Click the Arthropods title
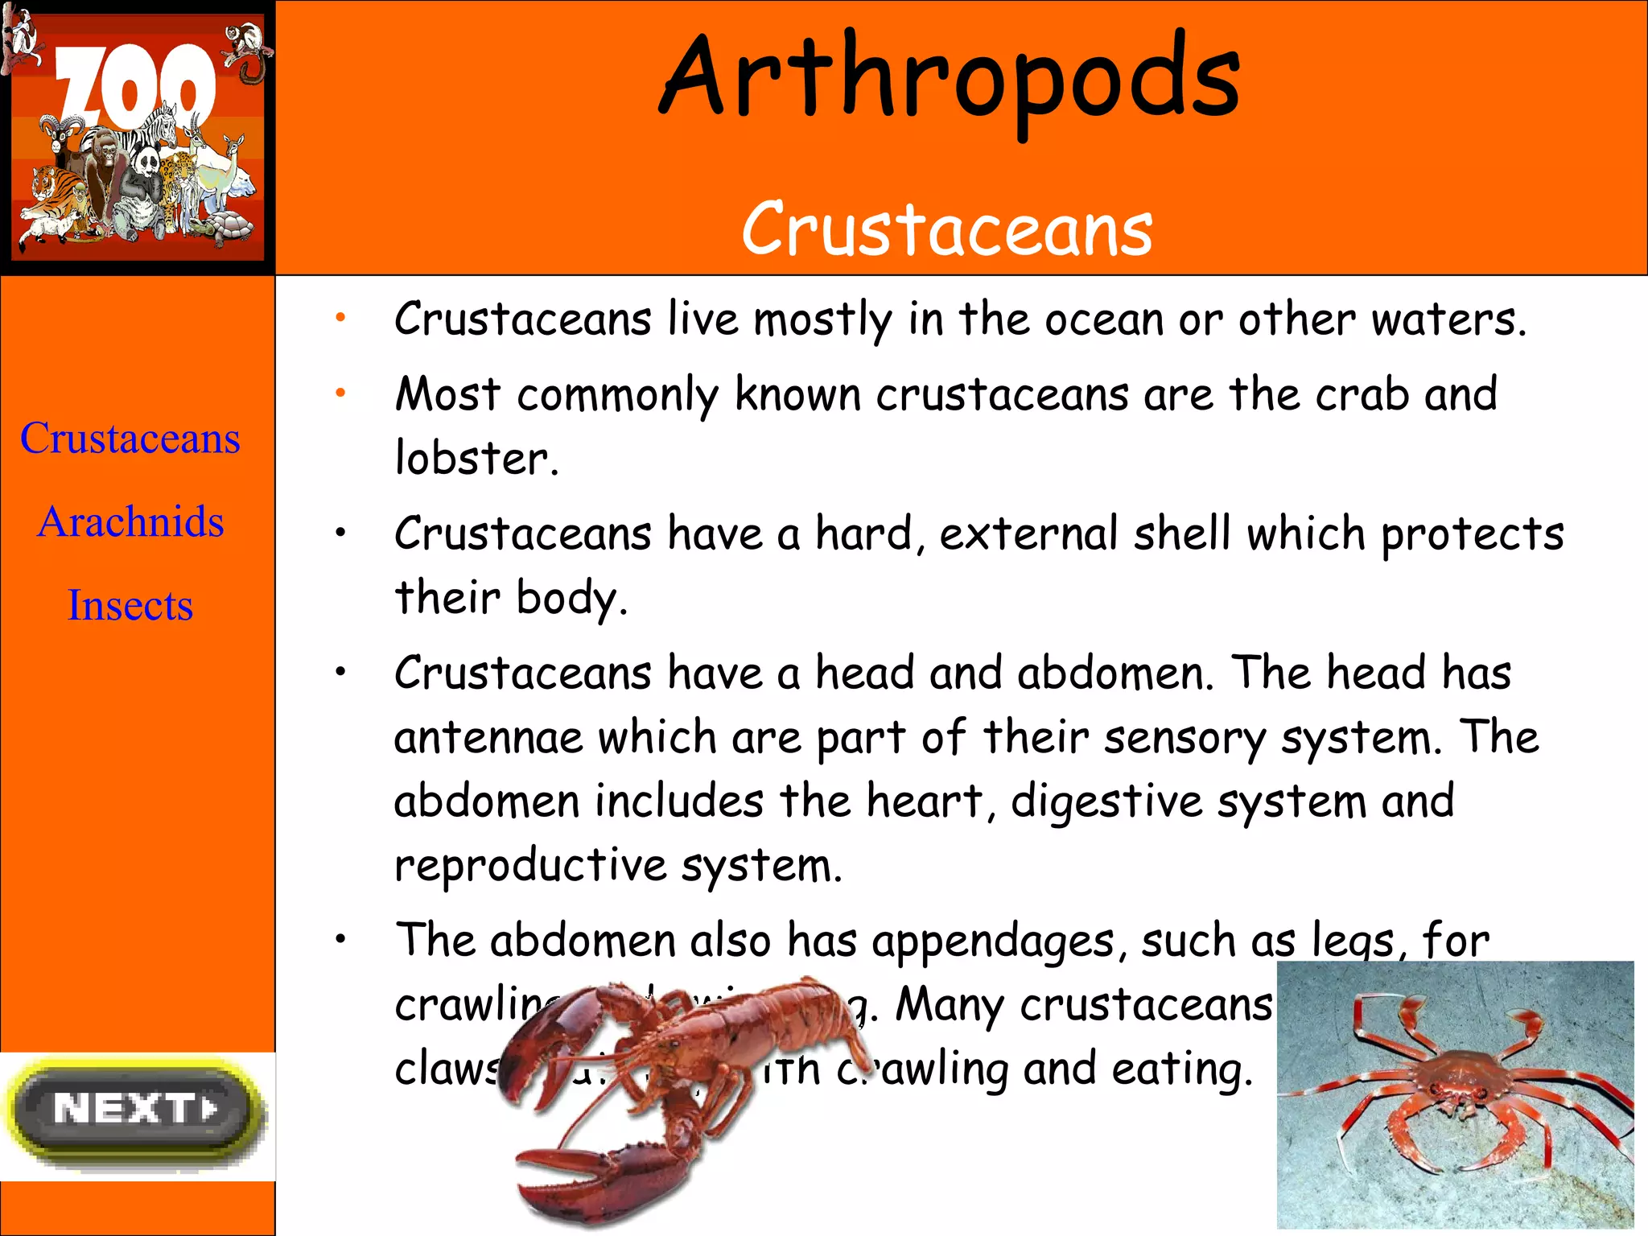(950, 80)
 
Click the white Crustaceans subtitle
(947, 229)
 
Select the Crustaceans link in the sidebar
(130, 439)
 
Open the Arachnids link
(130, 521)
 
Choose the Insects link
(130, 605)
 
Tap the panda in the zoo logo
(149, 165)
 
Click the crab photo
(1455, 1094)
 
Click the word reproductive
(530, 866)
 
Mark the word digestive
(1106, 802)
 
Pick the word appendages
(993, 941)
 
